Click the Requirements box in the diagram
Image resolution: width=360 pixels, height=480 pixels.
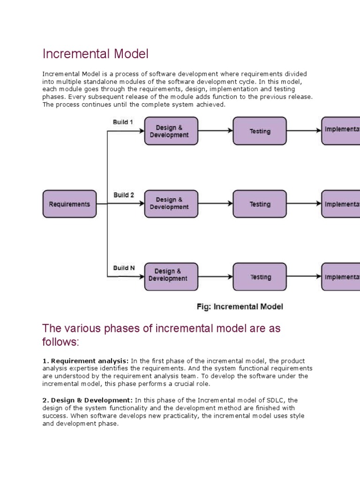click(x=69, y=204)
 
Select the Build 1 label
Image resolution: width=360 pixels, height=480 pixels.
click(x=123, y=122)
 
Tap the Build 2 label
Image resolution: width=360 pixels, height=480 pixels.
click(x=123, y=195)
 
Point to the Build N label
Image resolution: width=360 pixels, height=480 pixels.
click(x=124, y=268)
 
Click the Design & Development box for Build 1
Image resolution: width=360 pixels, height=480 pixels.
click(x=171, y=131)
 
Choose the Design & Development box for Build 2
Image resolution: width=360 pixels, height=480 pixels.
click(x=171, y=204)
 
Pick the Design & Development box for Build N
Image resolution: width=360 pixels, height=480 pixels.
click(x=171, y=277)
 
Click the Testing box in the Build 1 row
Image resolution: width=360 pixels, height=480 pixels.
click(x=259, y=131)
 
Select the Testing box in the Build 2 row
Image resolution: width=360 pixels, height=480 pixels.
click(x=259, y=204)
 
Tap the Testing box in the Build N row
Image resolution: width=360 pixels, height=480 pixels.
click(x=259, y=277)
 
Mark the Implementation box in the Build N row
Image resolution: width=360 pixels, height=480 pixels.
click(x=341, y=277)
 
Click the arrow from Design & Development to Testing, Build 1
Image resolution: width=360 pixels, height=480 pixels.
click(x=215, y=131)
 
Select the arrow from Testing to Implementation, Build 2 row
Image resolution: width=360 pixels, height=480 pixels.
click(x=304, y=204)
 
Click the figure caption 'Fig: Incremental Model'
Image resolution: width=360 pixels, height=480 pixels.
click(x=239, y=307)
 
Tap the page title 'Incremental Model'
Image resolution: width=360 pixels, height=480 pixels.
click(x=95, y=54)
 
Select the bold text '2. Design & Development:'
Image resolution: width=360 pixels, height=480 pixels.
click(x=88, y=400)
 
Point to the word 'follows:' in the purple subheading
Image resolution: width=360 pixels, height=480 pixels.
click(x=61, y=343)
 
